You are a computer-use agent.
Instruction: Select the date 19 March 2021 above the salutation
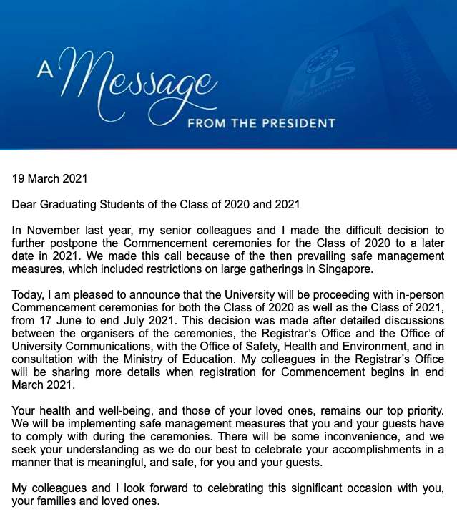(49, 179)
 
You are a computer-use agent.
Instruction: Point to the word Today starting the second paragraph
(27, 295)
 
